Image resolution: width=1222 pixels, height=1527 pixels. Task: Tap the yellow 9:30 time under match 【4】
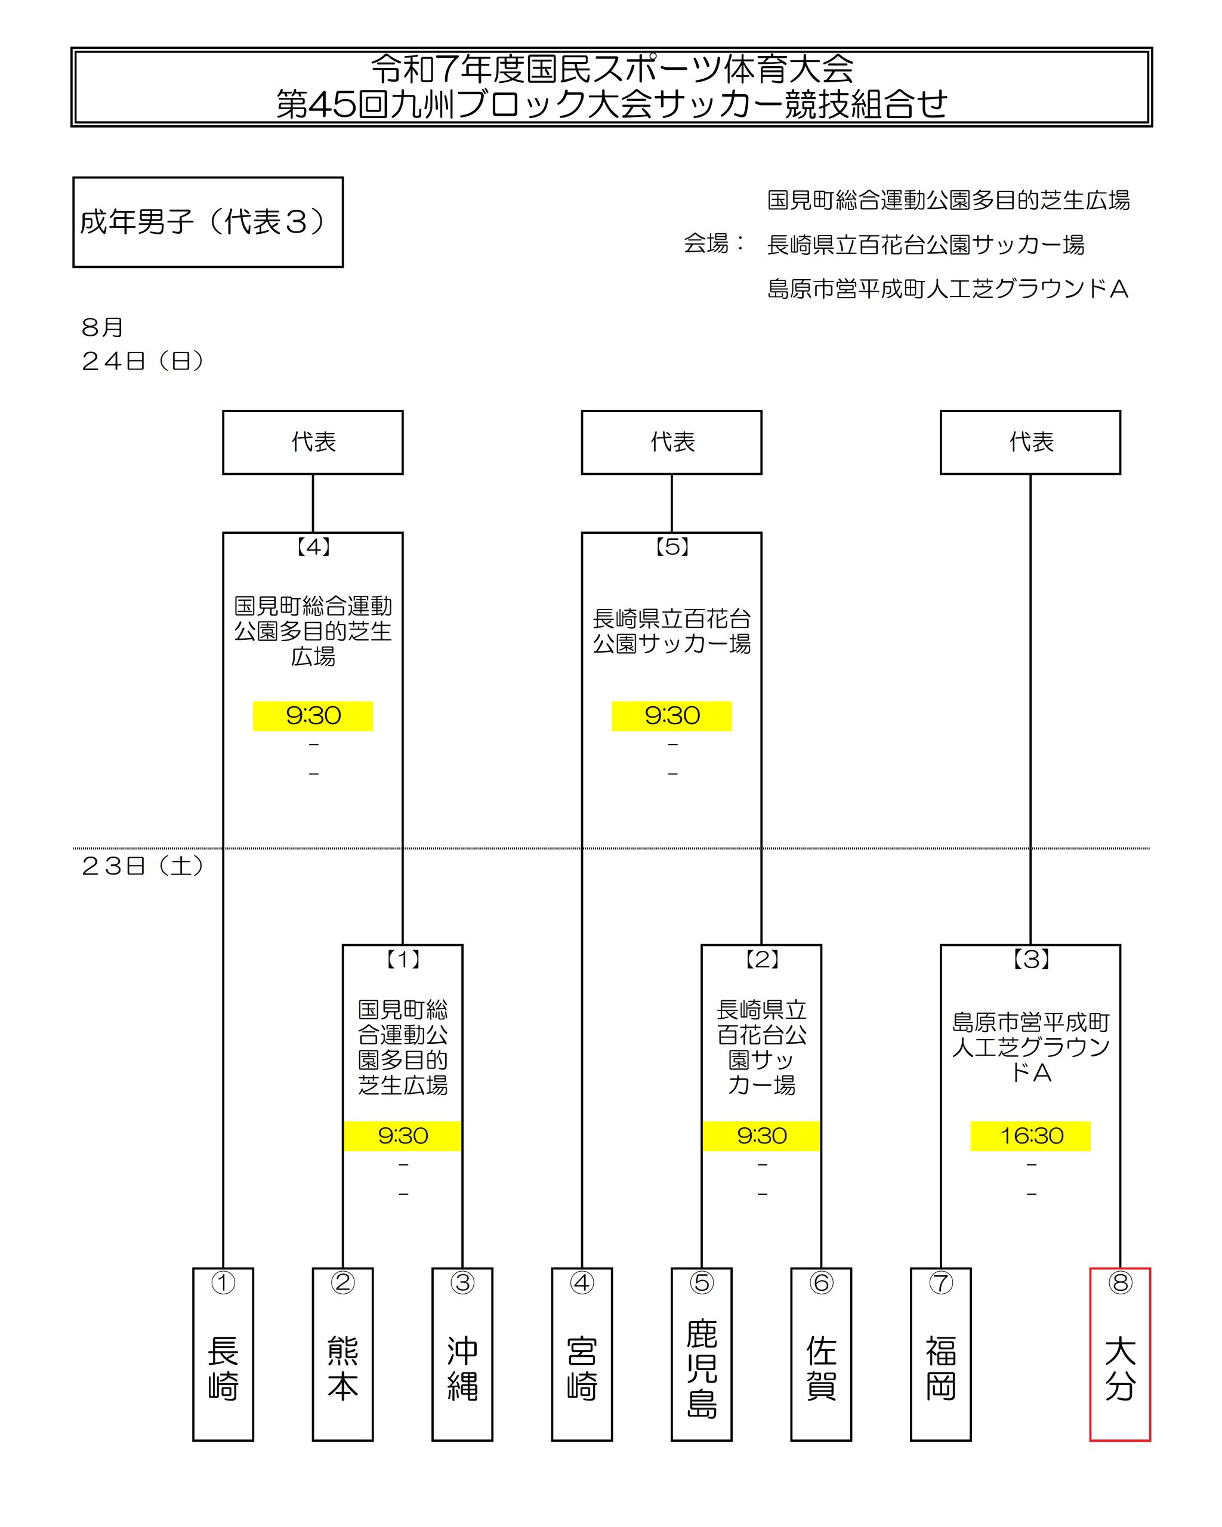click(x=313, y=716)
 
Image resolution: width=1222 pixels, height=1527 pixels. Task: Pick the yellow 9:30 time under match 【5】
click(x=672, y=716)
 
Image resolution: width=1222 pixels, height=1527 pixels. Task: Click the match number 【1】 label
click(x=403, y=960)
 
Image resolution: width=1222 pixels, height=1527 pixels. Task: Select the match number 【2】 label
click(x=762, y=960)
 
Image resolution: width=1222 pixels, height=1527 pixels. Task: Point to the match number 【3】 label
click(x=1030, y=960)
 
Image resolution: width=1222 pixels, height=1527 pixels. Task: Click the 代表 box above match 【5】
click(x=672, y=442)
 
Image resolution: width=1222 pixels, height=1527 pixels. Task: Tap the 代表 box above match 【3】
click(x=1030, y=442)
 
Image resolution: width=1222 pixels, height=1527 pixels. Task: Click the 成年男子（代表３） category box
click(x=208, y=222)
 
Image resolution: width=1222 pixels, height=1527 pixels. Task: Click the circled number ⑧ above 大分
click(x=1120, y=1282)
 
